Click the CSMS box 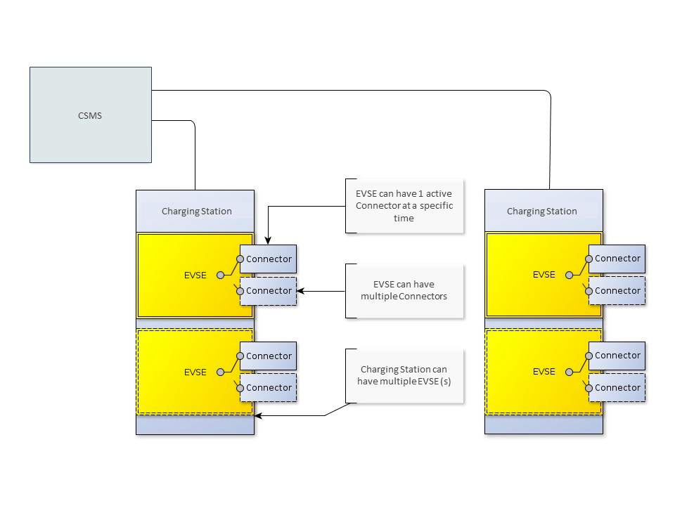click(x=90, y=115)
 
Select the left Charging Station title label click(x=196, y=211)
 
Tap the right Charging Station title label click(x=542, y=211)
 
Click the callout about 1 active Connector click(x=404, y=206)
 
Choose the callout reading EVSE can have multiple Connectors click(x=404, y=290)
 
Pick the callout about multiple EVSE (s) click(x=404, y=375)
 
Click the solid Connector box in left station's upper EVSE click(x=269, y=259)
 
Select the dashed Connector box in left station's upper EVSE click(x=269, y=291)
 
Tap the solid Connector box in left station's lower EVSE click(x=269, y=356)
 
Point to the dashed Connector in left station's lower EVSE click(x=269, y=388)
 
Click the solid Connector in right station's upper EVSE click(x=617, y=259)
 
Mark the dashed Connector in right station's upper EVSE click(x=617, y=291)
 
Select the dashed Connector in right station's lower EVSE click(x=617, y=388)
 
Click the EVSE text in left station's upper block click(x=195, y=275)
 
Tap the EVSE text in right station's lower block click(x=544, y=372)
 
